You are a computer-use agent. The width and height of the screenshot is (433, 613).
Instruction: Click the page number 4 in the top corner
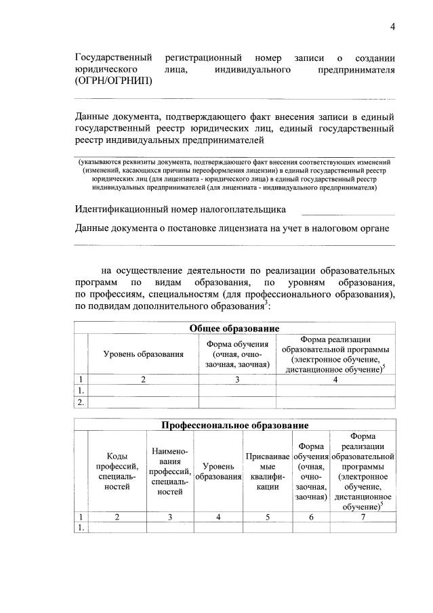click(392, 26)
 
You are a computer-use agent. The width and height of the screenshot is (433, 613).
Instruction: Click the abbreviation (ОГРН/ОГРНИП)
click(113, 81)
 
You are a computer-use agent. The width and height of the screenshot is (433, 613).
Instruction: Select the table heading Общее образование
click(234, 329)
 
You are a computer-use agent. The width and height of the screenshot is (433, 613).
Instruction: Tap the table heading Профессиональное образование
click(234, 425)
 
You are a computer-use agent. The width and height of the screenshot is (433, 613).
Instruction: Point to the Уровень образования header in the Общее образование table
click(143, 354)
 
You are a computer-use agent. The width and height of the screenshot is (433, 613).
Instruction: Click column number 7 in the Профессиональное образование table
click(363, 517)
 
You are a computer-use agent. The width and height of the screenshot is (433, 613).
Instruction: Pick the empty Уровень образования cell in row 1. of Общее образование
click(143, 391)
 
